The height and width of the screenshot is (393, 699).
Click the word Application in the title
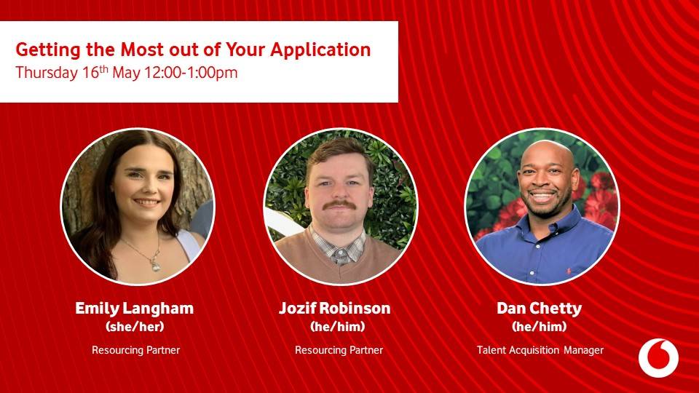tap(320, 50)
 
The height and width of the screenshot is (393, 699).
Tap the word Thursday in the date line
tap(47, 73)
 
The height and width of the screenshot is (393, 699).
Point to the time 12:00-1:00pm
tap(191, 73)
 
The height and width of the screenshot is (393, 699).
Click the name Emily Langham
tap(134, 309)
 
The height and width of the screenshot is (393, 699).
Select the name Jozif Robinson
tap(335, 309)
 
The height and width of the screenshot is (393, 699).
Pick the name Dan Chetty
tap(540, 309)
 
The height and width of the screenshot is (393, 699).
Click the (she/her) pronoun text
tap(135, 327)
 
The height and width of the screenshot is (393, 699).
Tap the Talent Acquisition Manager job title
tap(540, 350)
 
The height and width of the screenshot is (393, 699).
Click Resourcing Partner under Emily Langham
tap(136, 350)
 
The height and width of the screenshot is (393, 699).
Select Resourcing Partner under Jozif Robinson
tap(339, 350)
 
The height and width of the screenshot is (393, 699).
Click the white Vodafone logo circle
tap(658, 358)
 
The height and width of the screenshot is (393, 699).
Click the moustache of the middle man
tap(339, 205)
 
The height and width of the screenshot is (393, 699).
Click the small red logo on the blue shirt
tap(569, 271)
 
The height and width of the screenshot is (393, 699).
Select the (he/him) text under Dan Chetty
tap(540, 327)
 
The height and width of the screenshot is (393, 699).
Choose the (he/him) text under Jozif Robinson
tap(337, 327)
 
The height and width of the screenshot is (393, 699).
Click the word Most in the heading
tap(142, 49)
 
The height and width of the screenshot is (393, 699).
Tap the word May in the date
tap(126, 73)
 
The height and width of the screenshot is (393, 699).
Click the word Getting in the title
tap(48, 50)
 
